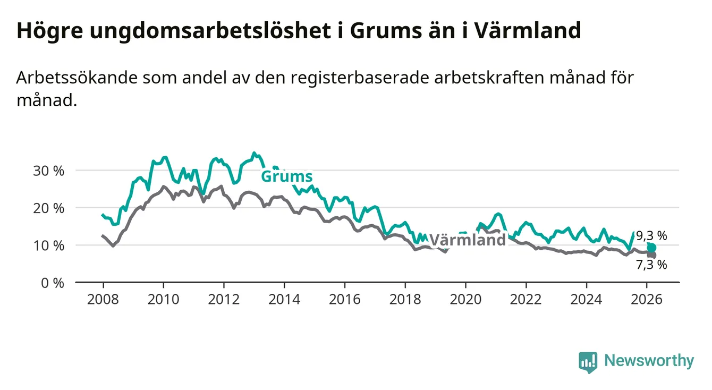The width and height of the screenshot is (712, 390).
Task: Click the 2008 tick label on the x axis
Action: coord(103,299)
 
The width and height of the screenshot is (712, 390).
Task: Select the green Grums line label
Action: coord(286,176)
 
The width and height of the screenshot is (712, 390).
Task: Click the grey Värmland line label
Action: coord(468,240)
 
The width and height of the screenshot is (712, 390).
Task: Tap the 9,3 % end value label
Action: coord(651,236)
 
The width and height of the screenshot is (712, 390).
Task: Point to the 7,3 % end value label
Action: coord(651,265)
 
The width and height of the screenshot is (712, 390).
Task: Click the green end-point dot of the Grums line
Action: coord(651,248)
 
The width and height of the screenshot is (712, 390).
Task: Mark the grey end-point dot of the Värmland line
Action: coord(651,256)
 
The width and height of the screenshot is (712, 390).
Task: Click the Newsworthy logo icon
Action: coord(588,362)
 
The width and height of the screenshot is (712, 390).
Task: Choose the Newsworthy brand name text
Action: coord(649,361)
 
